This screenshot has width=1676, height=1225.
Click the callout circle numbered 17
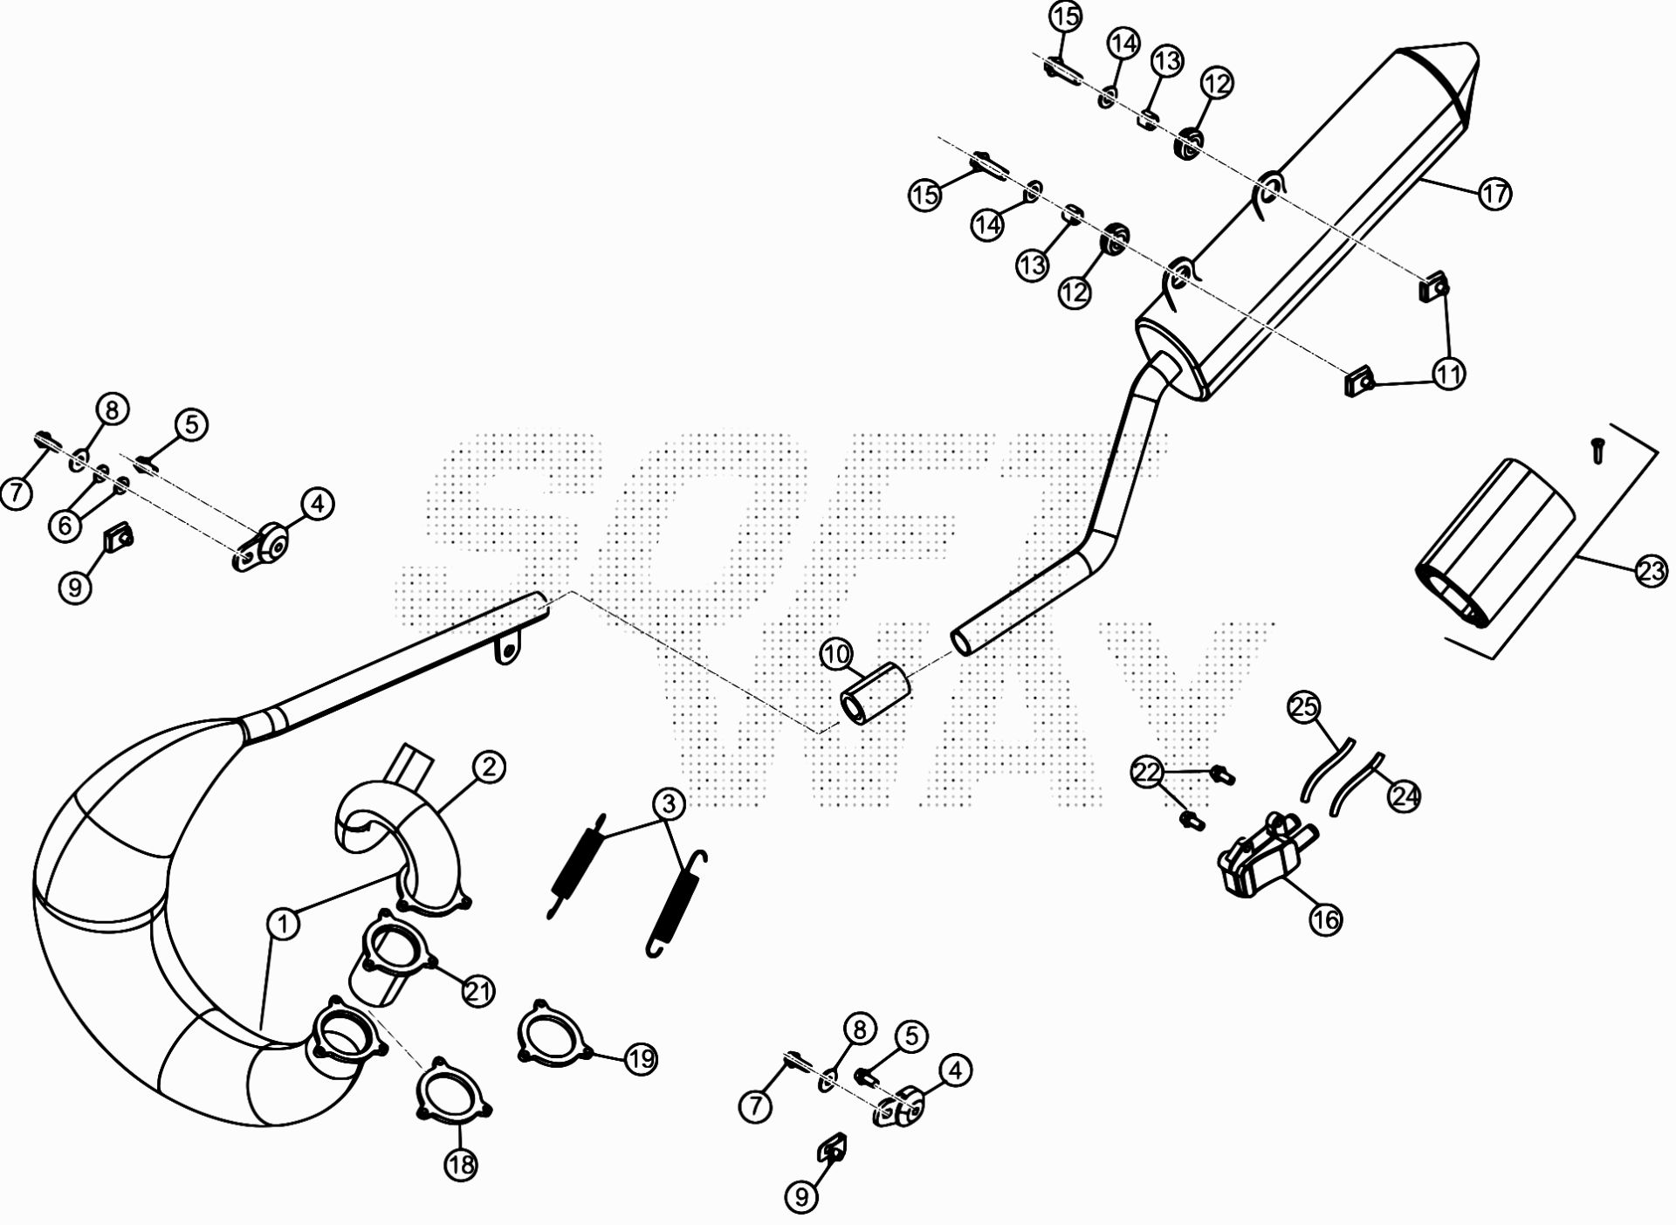(x=1494, y=193)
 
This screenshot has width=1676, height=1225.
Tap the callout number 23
(x=1651, y=572)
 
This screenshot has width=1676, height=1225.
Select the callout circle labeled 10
(x=836, y=654)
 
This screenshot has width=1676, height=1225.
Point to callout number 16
(x=1325, y=919)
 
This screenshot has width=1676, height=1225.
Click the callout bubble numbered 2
(x=488, y=767)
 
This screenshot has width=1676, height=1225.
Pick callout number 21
(x=478, y=991)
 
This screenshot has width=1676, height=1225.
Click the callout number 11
(x=1448, y=375)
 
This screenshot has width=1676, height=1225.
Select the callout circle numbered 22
(x=1149, y=772)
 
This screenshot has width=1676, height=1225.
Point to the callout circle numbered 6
(x=65, y=525)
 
